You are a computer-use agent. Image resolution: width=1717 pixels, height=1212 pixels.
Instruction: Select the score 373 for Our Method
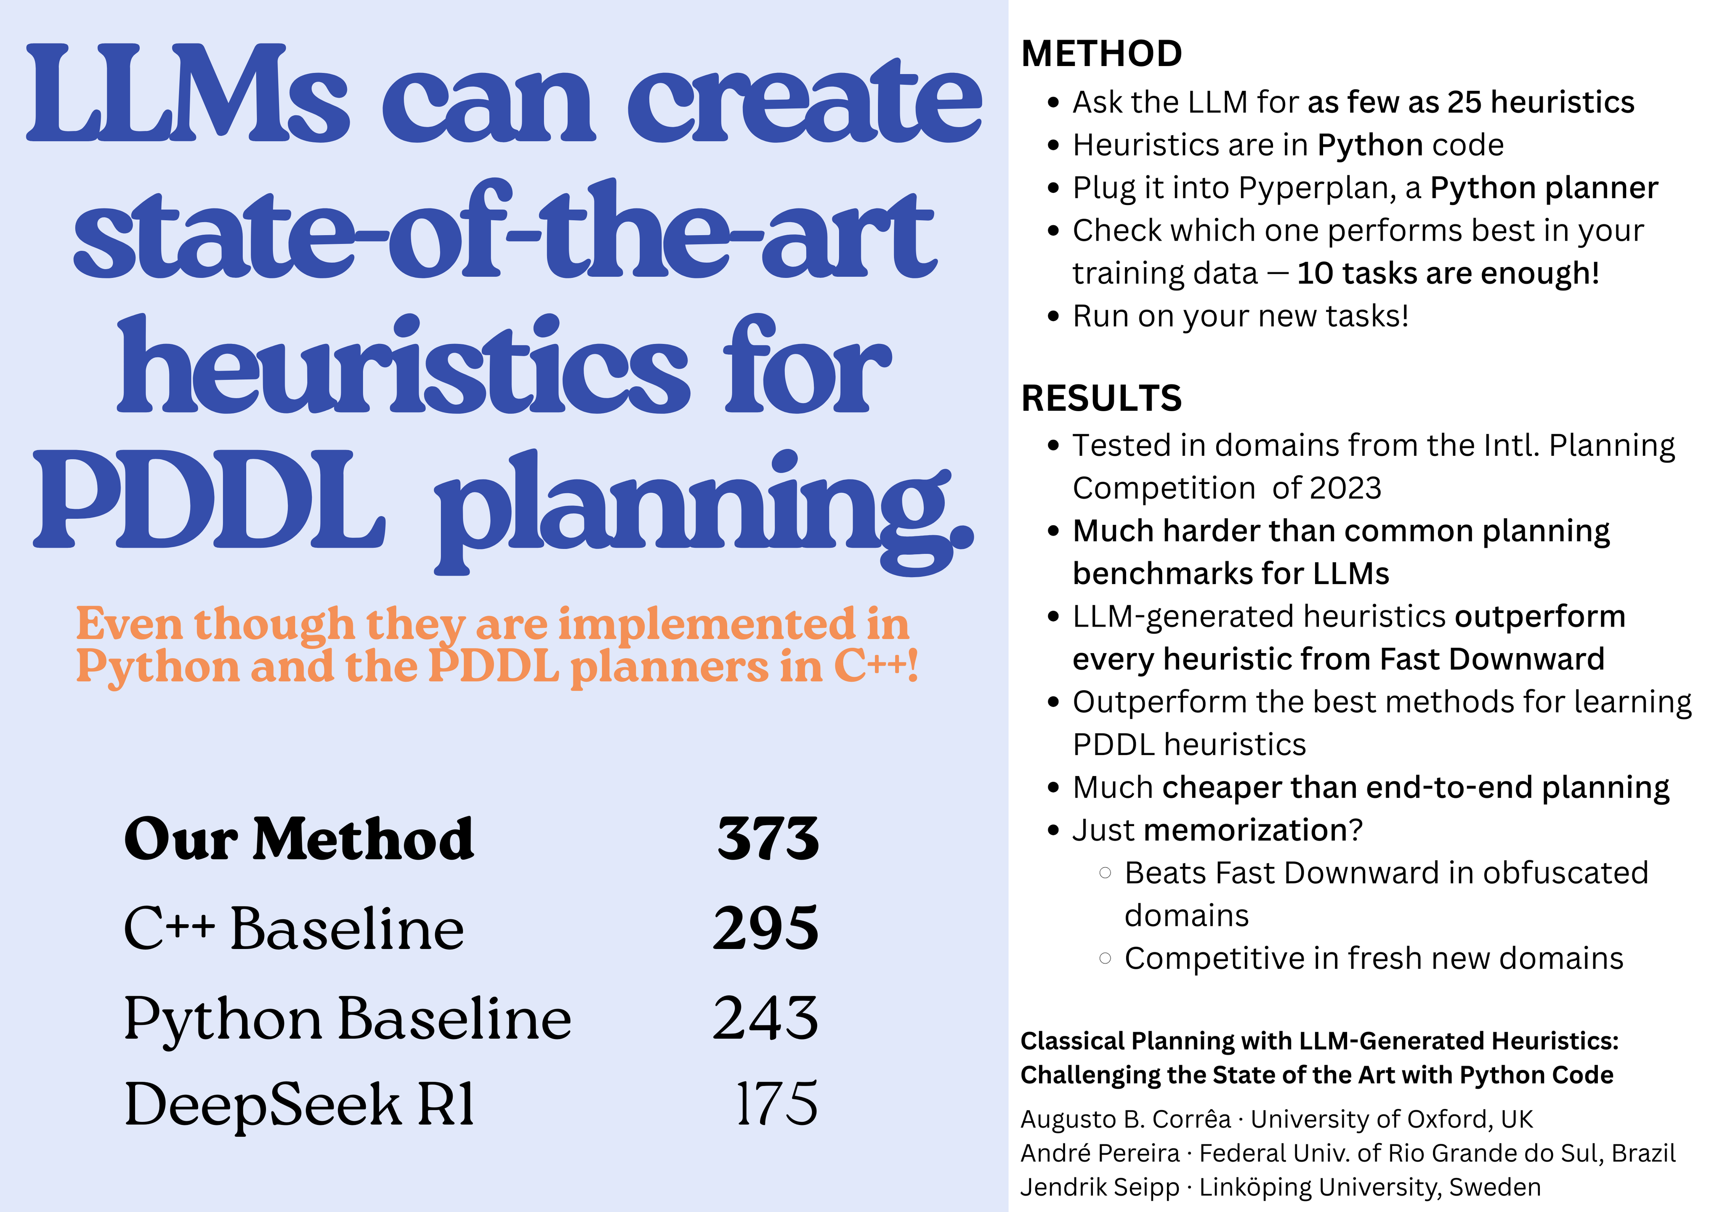tap(768, 838)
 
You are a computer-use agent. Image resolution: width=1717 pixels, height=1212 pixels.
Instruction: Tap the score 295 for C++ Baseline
tap(766, 929)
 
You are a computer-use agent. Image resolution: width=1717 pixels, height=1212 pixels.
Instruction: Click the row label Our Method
tap(299, 839)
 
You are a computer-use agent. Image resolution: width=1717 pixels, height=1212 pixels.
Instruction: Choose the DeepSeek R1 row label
tap(299, 1104)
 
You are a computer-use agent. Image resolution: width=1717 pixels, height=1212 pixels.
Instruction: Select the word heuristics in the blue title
tap(404, 367)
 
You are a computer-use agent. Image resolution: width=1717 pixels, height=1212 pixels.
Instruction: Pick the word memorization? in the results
tap(1253, 830)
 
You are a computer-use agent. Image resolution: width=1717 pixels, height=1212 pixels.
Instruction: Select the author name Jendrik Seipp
tap(1099, 1187)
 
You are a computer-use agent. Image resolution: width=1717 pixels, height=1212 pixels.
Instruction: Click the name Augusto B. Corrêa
tap(1125, 1119)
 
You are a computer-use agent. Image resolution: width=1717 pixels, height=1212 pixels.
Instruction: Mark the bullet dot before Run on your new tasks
tap(1054, 316)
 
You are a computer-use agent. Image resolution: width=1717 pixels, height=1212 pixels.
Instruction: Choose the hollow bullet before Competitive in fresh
tap(1105, 959)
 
